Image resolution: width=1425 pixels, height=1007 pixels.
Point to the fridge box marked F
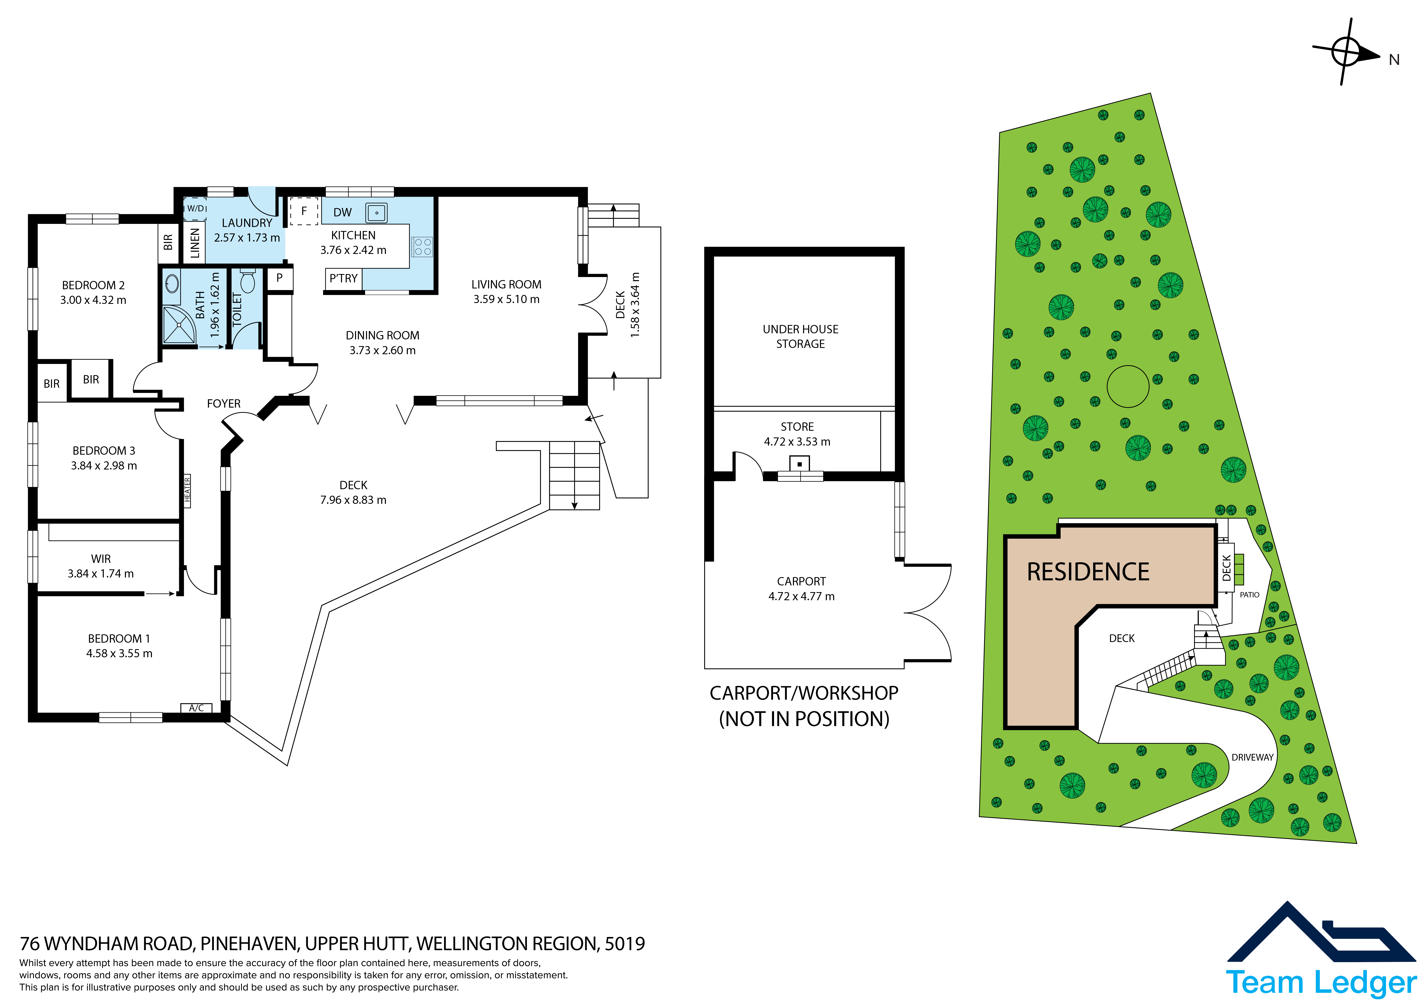[x=304, y=211]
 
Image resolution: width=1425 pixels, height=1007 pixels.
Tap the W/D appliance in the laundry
[x=196, y=208]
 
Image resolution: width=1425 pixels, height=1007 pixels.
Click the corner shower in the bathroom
[x=179, y=325]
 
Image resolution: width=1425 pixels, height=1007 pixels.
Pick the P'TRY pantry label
[x=343, y=278]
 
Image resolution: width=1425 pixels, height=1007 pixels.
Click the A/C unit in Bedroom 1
[x=196, y=708]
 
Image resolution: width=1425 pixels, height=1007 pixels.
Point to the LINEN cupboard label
[x=195, y=243]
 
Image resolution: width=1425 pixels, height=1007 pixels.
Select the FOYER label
[x=223, y=404]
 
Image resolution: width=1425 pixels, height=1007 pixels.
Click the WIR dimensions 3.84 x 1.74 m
[x=101, y=574]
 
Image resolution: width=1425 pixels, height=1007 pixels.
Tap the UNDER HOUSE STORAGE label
[x=801, y=336]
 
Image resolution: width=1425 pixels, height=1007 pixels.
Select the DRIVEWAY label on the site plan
[x=1253, y=758]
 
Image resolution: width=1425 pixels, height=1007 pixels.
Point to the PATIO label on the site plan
[x=1249, y=594]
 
